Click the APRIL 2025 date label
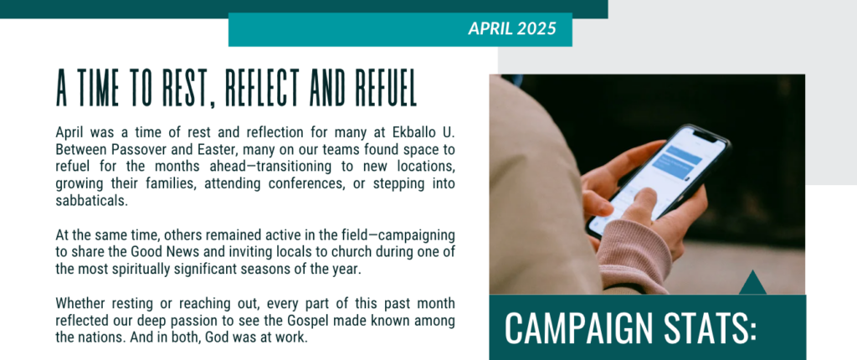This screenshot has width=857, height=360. [512, 28]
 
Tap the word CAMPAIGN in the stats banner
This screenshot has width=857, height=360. [577, 328]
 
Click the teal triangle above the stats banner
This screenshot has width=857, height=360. [752, 283]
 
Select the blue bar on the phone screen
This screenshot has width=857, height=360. [678, 161]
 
